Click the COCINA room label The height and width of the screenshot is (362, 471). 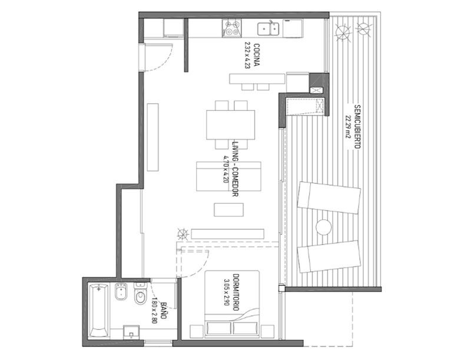(x=257, y=55)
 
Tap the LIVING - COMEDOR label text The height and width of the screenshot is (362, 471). (x=235, y=169)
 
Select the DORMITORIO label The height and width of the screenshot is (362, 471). (x=236, y=292)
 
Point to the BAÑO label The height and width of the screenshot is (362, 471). (x=164, y=311)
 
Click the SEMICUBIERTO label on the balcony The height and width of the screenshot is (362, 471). (x=357, y=126)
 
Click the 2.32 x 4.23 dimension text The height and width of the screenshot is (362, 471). (x=247, y=55)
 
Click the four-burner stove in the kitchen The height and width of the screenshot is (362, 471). (x=231, y=28)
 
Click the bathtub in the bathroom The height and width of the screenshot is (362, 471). (x=98, y=311)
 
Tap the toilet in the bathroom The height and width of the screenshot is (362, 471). (x=140, y=294)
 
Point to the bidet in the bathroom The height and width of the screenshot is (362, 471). (x=121, y=292)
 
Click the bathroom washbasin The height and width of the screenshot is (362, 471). (x=131, y=332)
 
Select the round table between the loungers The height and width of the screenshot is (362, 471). (x=323, y=227)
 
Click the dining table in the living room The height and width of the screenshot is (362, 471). (x=230, y=125)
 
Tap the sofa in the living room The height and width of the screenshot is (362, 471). (x=228, y=176)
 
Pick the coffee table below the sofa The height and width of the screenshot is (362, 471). (x=228, y=210)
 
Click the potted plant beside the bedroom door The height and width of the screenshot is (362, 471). (x=183, y=233)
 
